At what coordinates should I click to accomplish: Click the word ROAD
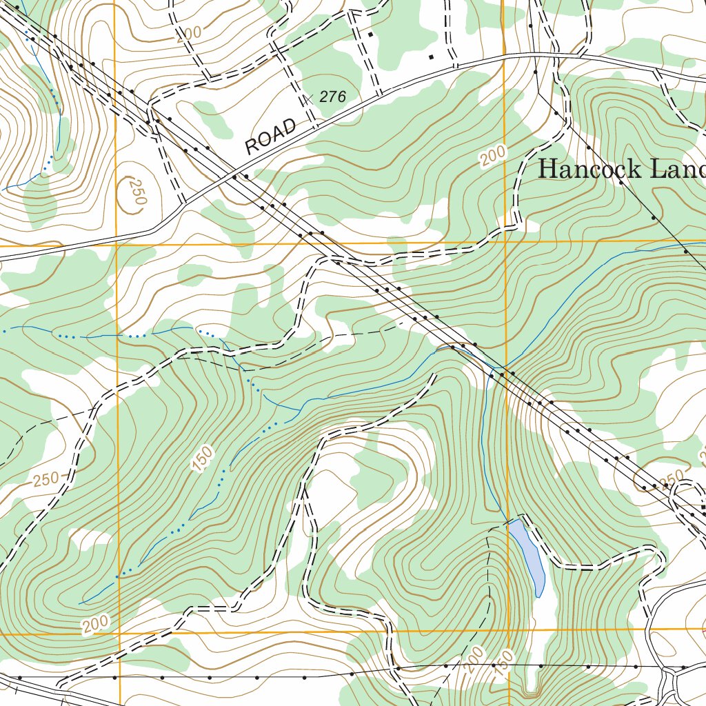pyautogui.click(x=272, y=137)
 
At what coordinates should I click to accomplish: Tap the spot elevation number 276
pyautogui.click(x=332, y=97)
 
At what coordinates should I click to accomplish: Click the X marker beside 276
pyautogui.click(x=308, y=99)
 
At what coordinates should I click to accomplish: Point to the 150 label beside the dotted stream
pyautogui.click(x=204, y=459)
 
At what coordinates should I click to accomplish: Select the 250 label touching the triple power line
pyautogui.click(x=670, y=478)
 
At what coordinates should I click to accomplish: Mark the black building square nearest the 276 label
pyautogui.click(x=370, y=34)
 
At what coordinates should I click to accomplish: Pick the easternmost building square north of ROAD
pyautogui.click(x=431, y=57)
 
